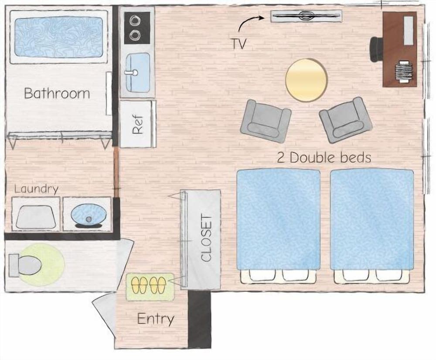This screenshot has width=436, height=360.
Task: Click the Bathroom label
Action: [57, 93]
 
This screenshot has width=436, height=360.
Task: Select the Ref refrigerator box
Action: [138, 124]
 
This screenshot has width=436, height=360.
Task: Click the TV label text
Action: [237, 43]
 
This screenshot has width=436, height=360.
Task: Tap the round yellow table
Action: [306, 80]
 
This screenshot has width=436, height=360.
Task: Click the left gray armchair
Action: [266, 121]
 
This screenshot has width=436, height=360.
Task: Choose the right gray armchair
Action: [344, 120]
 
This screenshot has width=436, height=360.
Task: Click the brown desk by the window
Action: [399, 49]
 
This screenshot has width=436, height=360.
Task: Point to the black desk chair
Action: [376, 48]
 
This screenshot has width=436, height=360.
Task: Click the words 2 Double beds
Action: [324, 158]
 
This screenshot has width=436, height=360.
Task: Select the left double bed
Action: [278, 220]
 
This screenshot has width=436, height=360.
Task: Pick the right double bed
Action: [372, 220]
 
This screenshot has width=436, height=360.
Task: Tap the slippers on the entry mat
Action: [150, 285]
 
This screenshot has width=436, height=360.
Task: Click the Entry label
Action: [156, 319]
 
